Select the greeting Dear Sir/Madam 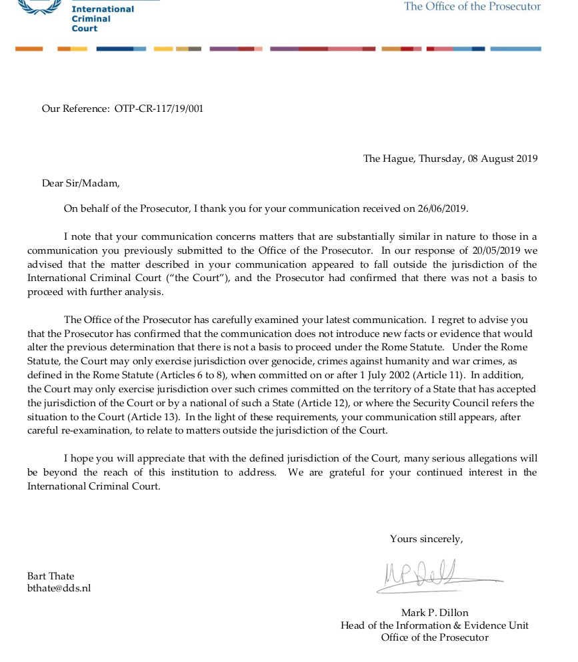[x=81, y=183]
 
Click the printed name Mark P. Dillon [x=434, y=613]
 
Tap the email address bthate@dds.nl [x=59, y=589]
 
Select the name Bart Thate [x=51, y=576]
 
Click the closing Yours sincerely [x=426, y=539]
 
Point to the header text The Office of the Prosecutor [x=472, y=7]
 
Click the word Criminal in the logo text [x=91, y=19]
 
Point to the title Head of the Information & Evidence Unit [x=434, y=625]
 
